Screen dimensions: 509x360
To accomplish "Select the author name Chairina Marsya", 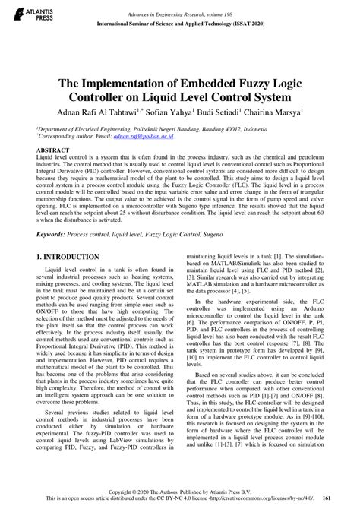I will point(273,111).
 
